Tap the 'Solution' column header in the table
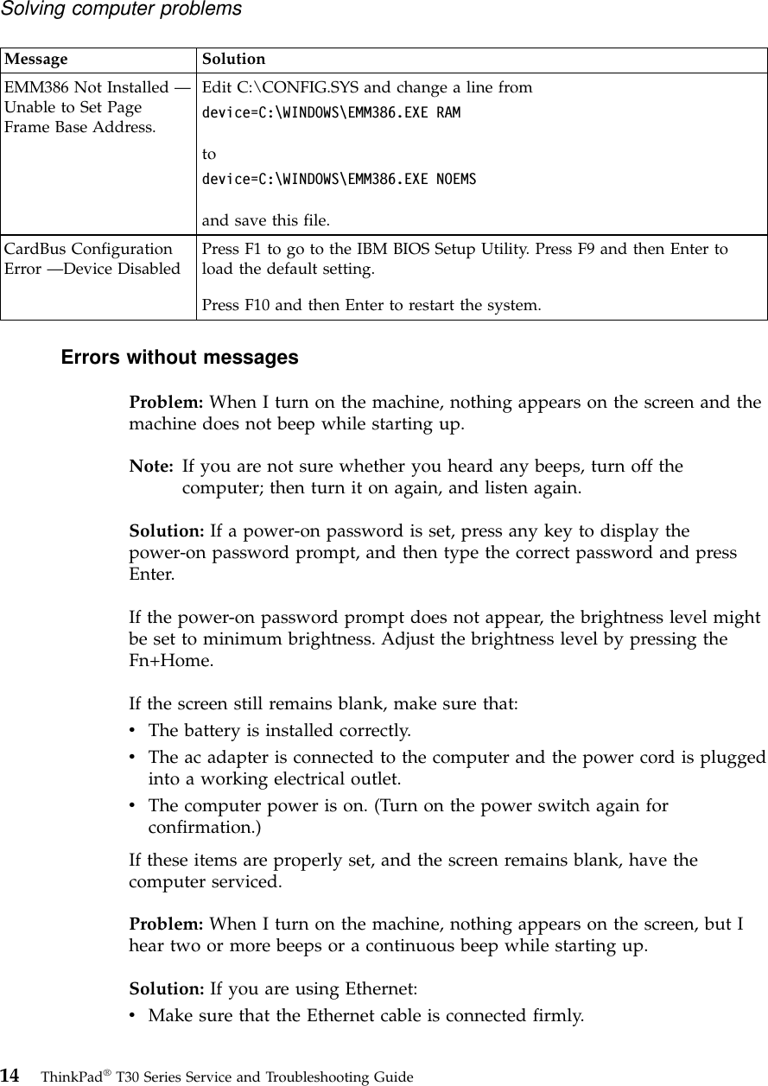(233, 60)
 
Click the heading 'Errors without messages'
(180, 357)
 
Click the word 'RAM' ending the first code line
(448, 113)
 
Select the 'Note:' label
(150, 467)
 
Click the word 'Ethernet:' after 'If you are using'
(381, 988)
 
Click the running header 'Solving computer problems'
(121, 10)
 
